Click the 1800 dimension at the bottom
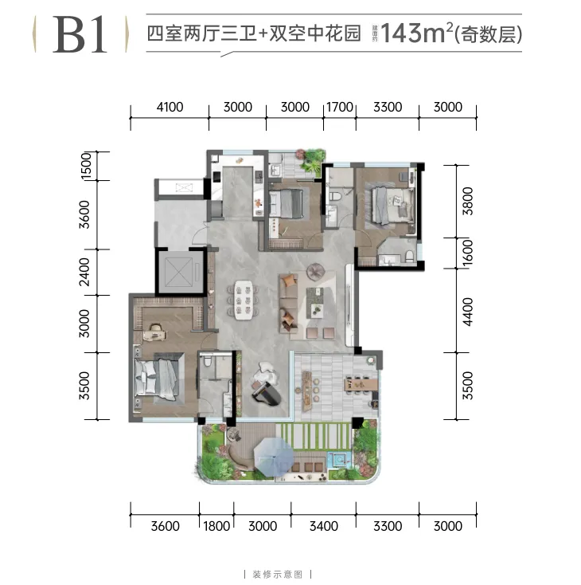(216, 526)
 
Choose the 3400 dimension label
(324, 526)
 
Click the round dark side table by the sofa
(316, 272)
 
